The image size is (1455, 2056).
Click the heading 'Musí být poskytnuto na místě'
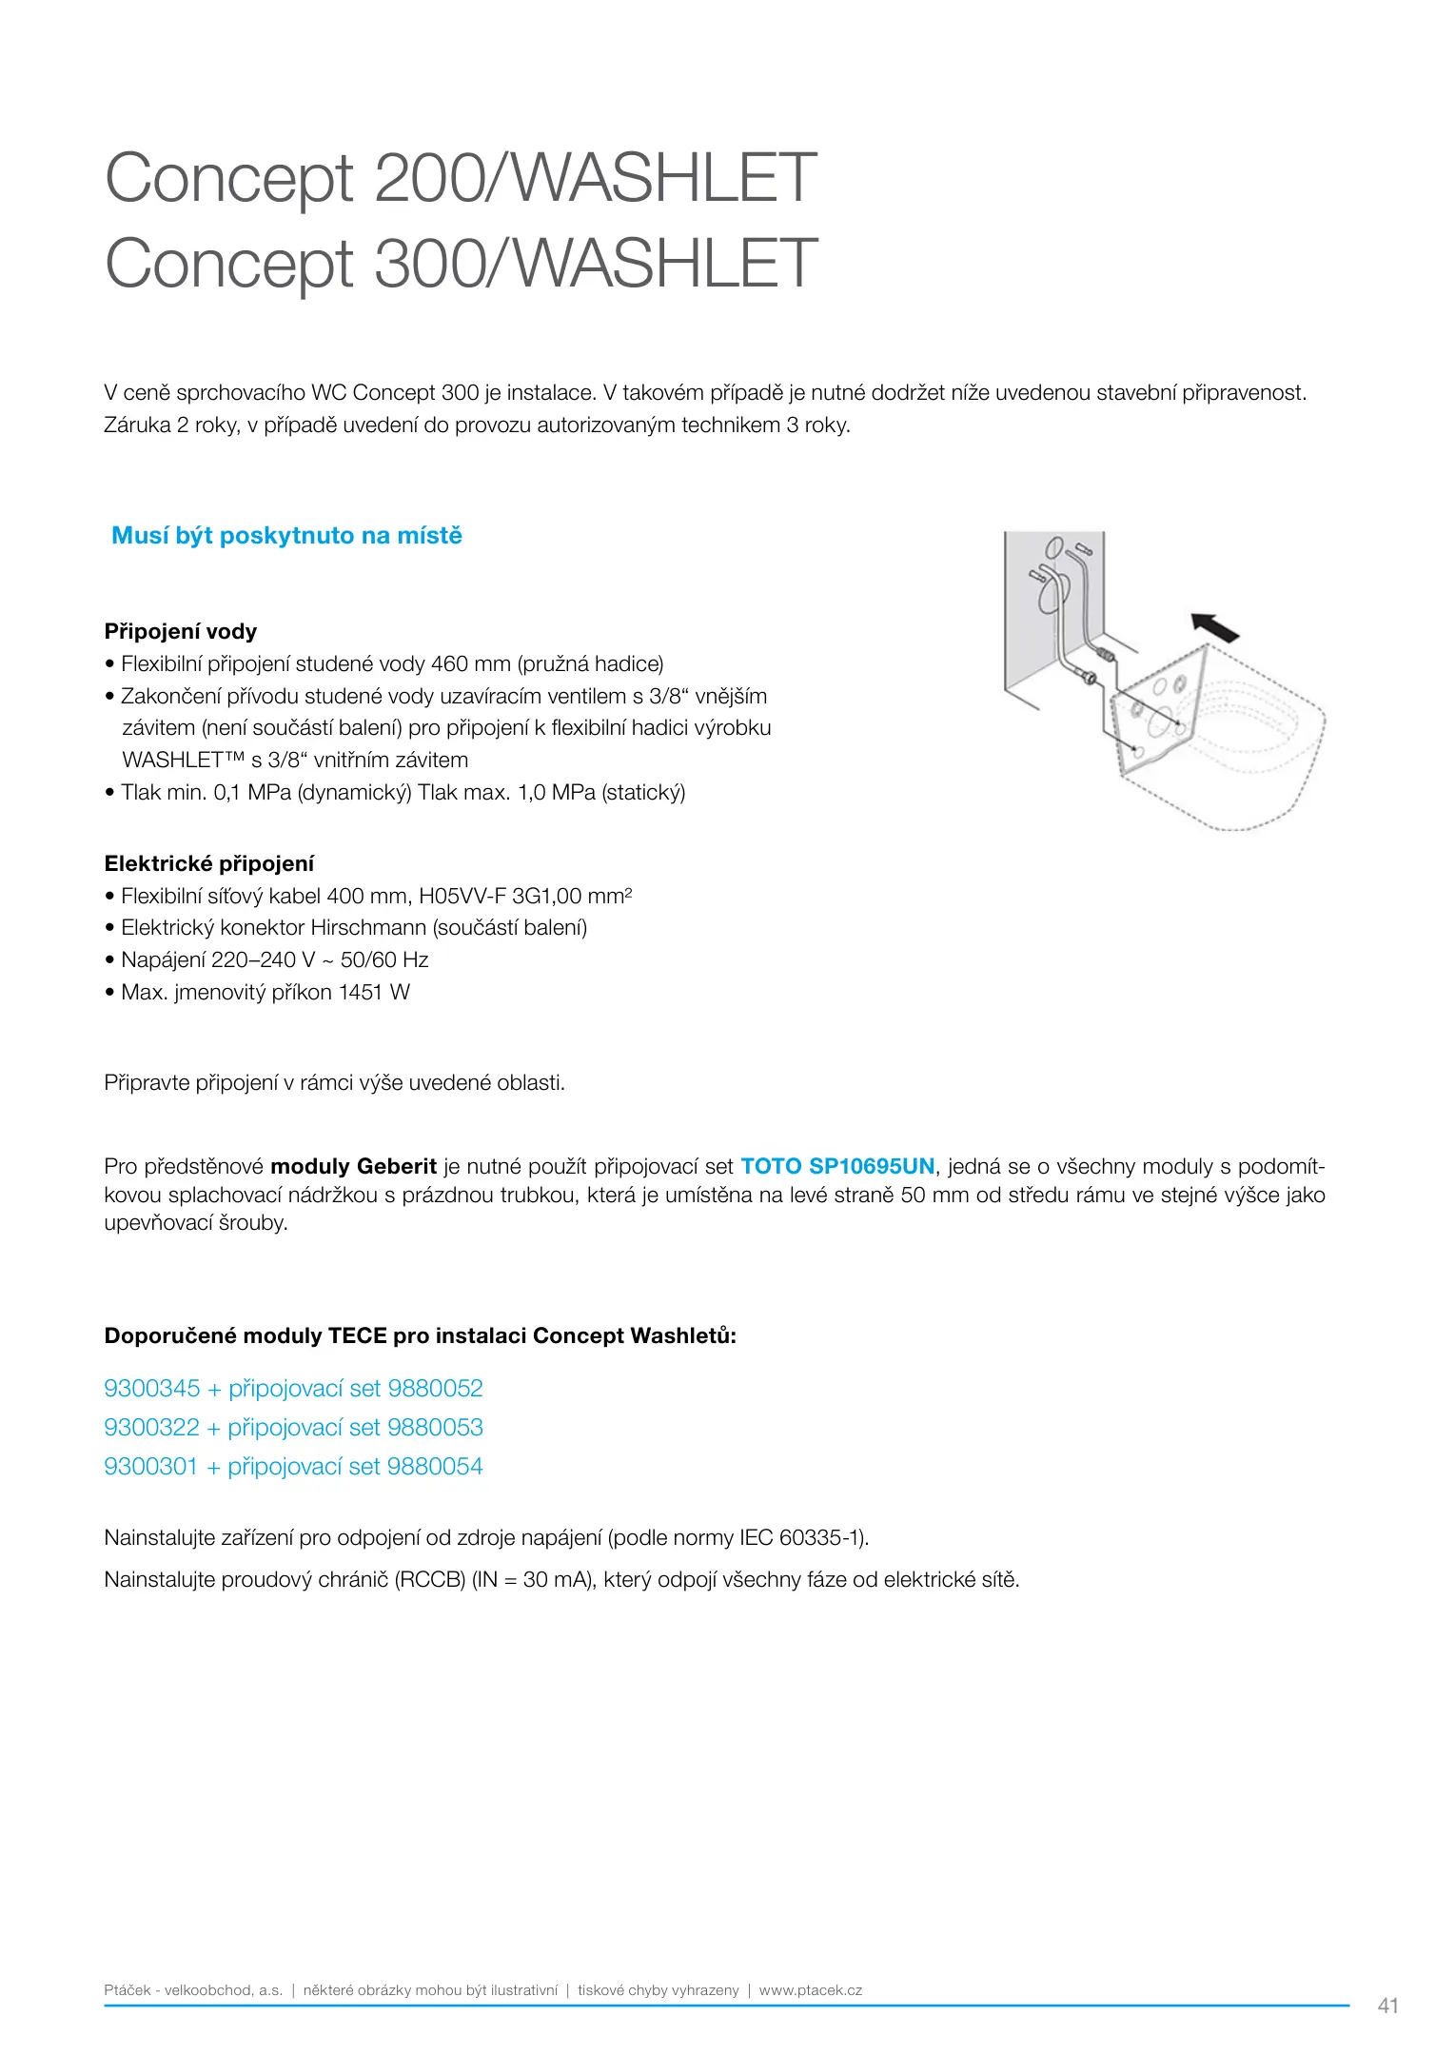tap(286, 536)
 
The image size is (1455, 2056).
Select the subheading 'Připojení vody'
tap(181, 632)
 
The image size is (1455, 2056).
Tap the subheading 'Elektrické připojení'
tap(209, 864)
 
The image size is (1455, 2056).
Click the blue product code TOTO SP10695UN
tap(837, 1167)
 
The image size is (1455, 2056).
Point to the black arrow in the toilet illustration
tap(1216, 628)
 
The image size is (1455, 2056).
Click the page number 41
tap(1388, 2006)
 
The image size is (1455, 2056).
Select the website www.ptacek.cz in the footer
tap(811, 1990)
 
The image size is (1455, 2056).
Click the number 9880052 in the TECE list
tap(436, 1389)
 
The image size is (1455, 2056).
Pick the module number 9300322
tap(151, 1428)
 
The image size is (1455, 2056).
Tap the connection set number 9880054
tap(435, 1467)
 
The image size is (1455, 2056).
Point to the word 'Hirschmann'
tap(368, 928)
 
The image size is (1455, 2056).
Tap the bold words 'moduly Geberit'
tap(353, 1167)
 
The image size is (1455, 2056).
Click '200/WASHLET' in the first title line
tap(596, 178)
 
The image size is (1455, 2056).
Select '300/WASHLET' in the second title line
tap(596, 264)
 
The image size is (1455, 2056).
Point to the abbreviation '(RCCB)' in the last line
tap(430, 1580)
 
